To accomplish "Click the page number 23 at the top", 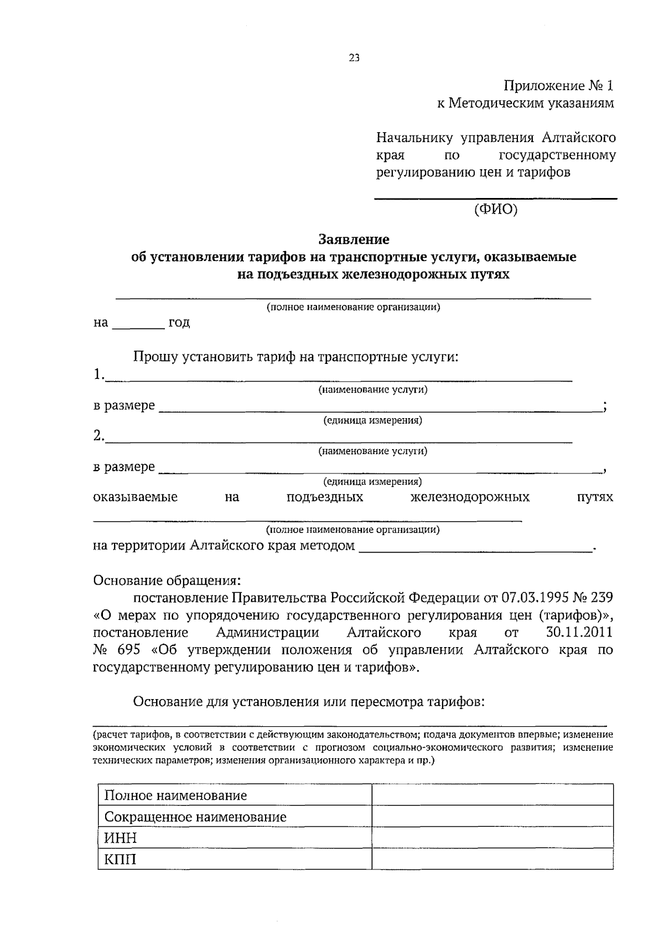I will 354,58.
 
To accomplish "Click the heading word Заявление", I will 354,239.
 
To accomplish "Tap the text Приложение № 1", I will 558,86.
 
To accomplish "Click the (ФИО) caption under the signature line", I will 496,209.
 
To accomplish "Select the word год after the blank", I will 179,322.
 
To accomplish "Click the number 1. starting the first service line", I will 98,375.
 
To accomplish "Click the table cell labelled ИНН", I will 121,838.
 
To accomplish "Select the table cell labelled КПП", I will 120,859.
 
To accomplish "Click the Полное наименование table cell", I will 175,795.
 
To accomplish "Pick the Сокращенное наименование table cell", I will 195,817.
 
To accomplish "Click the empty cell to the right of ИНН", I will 492,838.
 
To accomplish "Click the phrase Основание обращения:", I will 167,581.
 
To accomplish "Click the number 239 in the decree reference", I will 602,598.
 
